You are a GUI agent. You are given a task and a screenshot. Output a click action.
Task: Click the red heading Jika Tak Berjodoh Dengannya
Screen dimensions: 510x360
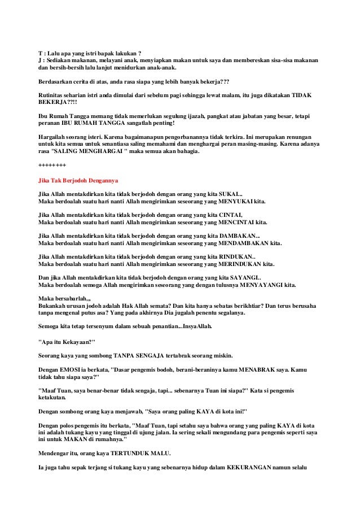77,181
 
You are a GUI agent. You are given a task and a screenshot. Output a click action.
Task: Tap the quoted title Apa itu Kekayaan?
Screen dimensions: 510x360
69,342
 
